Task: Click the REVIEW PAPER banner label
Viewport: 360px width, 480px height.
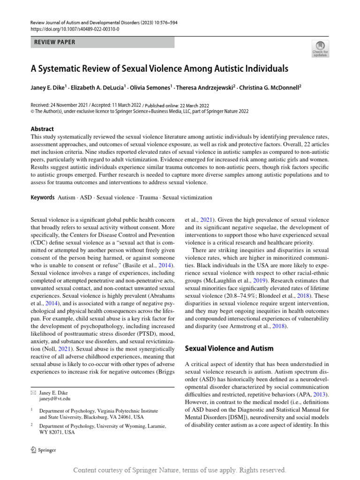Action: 55,42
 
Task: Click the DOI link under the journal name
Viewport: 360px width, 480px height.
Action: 75,29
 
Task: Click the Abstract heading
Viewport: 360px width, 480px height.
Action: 42,129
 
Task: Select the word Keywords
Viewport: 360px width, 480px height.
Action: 43,198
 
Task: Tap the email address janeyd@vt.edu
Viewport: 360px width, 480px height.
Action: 55,398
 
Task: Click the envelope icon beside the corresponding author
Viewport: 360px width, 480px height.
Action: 33,392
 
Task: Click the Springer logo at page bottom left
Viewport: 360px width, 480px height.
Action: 43,450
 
